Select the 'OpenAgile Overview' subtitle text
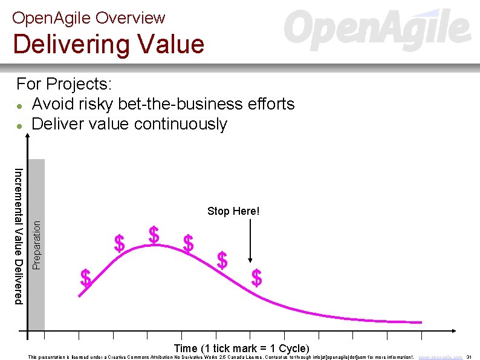pos(88,18)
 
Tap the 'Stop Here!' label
pos(233,211)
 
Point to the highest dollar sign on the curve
pos(154,235)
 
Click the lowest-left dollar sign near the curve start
pos(86,278)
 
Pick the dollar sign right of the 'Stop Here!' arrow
pos(257,278)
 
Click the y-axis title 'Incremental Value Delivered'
pos(19,236)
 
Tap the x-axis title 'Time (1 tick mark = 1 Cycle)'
pos(241,348)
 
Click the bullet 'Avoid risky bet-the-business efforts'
pos(163,104)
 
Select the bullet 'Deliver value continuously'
pos(129,124)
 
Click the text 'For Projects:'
pos(64,83)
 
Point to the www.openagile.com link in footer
pos(441,357)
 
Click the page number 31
pos(469,357)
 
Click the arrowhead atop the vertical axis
pos(27,136)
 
